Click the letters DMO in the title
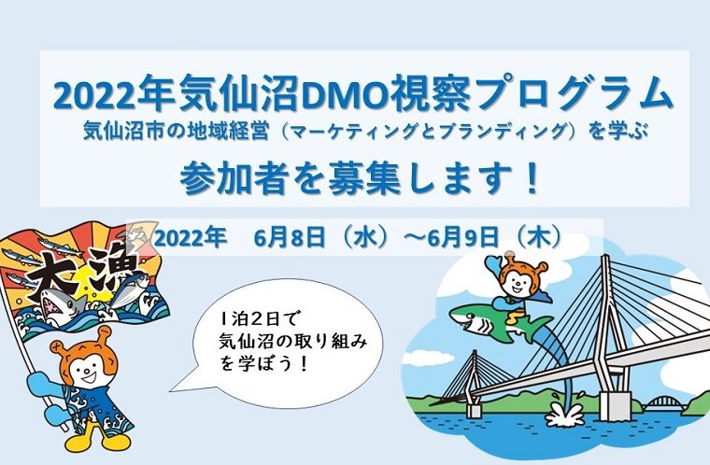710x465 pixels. pyautogui.click(x=343, y=96)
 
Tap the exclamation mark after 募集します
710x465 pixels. pyautogui.click(x=532, y=178)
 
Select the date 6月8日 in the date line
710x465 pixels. pyautogui.click(x=290, y=238)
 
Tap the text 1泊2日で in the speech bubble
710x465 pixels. pyautogui.click(x=257, y=320)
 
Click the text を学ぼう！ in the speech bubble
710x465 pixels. pyautogui.click(x=263, y=363)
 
